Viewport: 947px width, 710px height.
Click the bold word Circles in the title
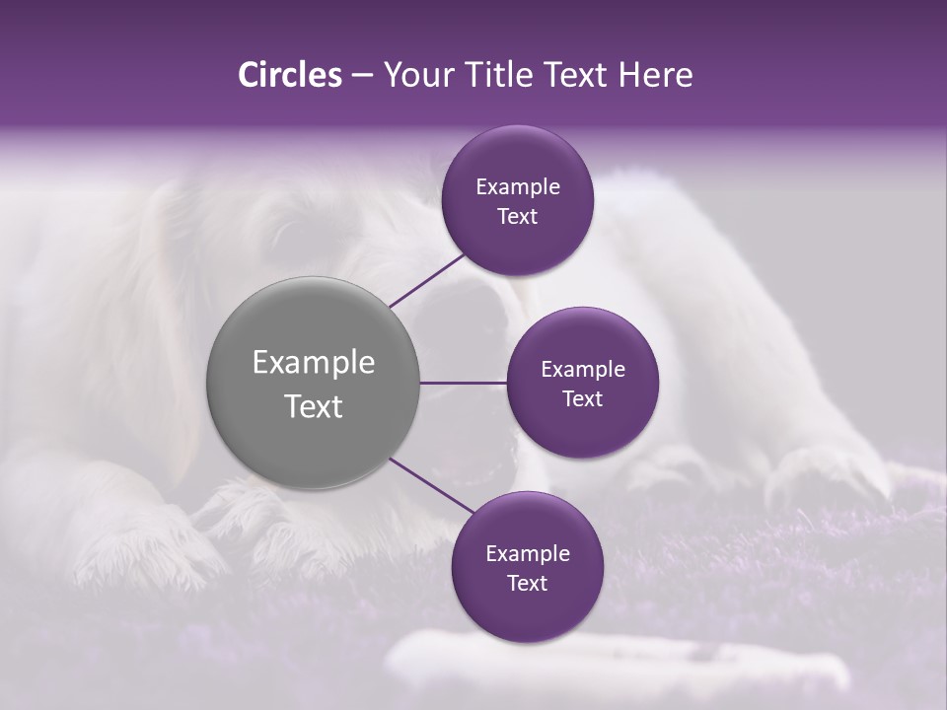(289, 74)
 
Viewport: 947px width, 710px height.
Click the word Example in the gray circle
(313, 362)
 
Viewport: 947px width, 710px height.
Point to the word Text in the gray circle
(313, 405)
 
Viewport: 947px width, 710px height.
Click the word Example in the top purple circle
(518, 186)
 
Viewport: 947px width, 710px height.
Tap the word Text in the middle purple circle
(582, 398)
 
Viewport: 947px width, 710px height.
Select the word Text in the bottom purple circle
(527, 583)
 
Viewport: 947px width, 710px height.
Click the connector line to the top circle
(427, 279)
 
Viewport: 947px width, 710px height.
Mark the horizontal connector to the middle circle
(464, 383)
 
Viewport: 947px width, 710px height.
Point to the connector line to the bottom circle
(430, 485)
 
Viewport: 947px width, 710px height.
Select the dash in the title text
(362, 76)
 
